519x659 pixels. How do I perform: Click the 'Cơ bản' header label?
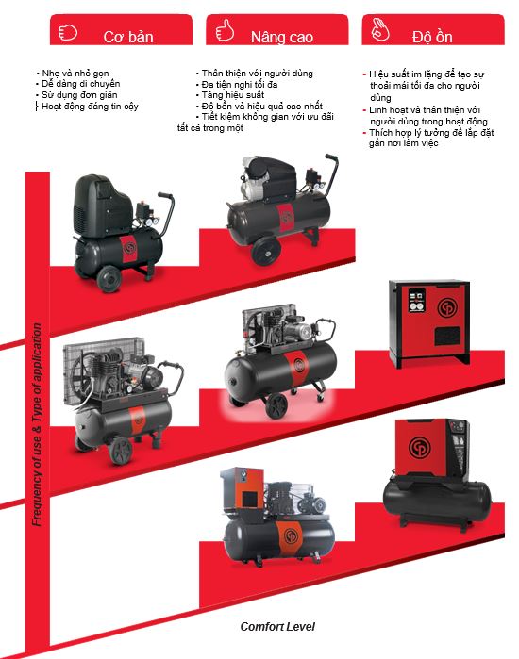(x=128, y=37)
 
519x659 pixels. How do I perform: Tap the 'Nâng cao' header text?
(x=282, y=37)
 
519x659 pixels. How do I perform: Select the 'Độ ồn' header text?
(x=432, y=37)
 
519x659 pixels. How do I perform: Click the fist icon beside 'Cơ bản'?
(x=67, y=32)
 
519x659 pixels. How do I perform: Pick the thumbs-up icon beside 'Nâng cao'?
(x=225, y=30)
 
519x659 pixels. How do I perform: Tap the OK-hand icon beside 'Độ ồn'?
(x=379, y=29)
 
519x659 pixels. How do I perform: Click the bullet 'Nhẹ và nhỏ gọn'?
(x=75, y=74)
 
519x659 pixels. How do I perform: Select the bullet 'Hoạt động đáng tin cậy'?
(x=90, y=107)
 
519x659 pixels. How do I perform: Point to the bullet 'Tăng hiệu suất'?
(x=232, y=95)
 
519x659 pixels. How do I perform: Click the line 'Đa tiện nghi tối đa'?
(x=240, y=84)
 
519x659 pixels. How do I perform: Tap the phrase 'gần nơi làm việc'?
(x=403, y=143)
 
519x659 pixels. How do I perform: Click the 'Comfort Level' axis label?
(x=277, y=627)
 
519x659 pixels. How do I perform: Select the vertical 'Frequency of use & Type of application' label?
(x=38, y=424)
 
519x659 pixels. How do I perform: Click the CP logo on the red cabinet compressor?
(x=446, y=308)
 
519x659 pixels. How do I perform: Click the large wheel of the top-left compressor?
(x=109, y=279)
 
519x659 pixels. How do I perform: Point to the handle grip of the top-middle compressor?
(x=331, y=158)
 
